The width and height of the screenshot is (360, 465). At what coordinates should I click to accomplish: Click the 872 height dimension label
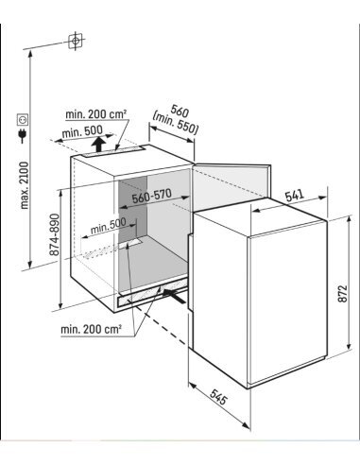[x=343, y=294]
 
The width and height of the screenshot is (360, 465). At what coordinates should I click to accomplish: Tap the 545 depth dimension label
[x=218, y=397]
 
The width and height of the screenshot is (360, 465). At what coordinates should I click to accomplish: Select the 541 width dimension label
[x=295, y=196]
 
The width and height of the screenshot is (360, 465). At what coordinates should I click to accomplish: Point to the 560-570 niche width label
[x=152, y=196]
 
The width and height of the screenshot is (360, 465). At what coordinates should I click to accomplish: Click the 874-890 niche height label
[x=55, y=234]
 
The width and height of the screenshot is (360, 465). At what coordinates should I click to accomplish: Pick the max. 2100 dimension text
[x=25, y=185]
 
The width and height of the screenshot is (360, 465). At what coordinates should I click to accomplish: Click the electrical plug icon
[x=23, y=135]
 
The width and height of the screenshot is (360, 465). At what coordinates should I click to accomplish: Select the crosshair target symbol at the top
[x=76, y=41]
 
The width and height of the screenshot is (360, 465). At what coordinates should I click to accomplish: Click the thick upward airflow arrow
[x=99, y=145]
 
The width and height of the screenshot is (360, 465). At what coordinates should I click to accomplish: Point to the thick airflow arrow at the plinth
[x=174, y=296]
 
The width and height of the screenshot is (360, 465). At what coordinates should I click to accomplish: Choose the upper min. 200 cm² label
[x=96, y=114]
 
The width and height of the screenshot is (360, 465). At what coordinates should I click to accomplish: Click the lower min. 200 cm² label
[x=91, y=330]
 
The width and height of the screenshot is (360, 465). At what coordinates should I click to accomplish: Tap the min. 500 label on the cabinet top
[x=82, y=131]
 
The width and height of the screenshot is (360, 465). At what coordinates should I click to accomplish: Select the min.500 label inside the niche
[x=108, y=226]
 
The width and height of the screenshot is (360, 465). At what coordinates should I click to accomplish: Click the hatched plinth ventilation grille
[x=152, y=294]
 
